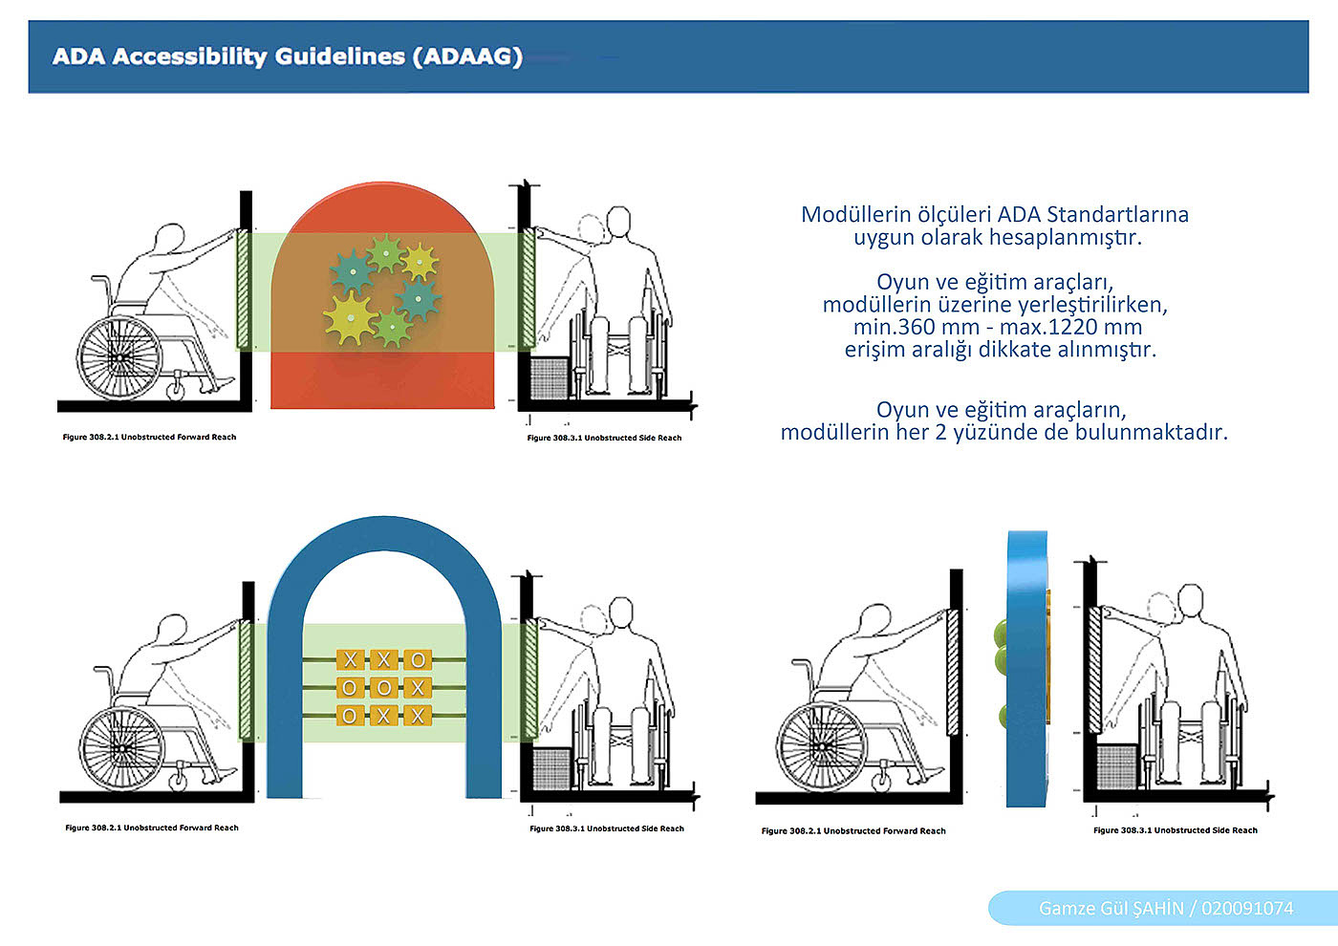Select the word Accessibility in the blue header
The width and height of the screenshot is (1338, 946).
pyautogui.click(x=189, y=57)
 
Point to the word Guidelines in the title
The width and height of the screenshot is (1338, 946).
pyautogui.click(x=340, y=56)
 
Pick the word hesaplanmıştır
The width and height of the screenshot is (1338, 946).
pyautogui.click(x=1066, y=237)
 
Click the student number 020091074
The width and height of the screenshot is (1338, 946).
pyautogui.click(x=1247, y=909)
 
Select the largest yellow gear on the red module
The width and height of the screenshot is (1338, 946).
pyautogui.click(x=351, y=317)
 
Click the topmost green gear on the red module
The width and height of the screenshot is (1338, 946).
pyautogui.click(x=386, y=254)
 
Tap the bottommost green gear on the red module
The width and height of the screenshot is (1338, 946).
pyautogui.click(x=392, y=327)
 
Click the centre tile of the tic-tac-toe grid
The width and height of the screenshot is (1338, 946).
pyautogui.click(x=383, y=687)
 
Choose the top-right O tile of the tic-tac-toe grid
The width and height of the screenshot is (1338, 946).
pyautogui.click(x=418, y=660)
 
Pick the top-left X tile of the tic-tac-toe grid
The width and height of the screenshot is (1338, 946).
pyautogui.click(x=350, y=660)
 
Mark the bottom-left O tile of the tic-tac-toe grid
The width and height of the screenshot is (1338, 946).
pyautogui.click(x=350, y=716)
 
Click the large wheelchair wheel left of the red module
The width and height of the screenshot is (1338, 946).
pyautogui.click(x=119, y=357)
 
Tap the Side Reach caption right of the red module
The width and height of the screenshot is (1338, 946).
pyautogui.click(x=604, y=438)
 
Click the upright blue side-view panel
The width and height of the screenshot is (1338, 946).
pyautogui.click(x=1026, y=669)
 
